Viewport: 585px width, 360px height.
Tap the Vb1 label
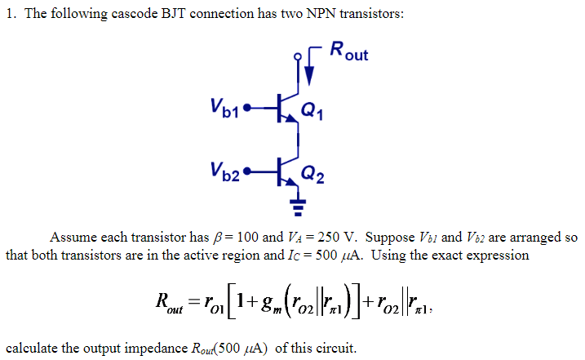click(224, 106)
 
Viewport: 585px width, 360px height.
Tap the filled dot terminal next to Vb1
click(248, 107)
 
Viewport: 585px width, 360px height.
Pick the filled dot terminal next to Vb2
click(248, 174)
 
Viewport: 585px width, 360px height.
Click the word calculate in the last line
click(30, 349)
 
